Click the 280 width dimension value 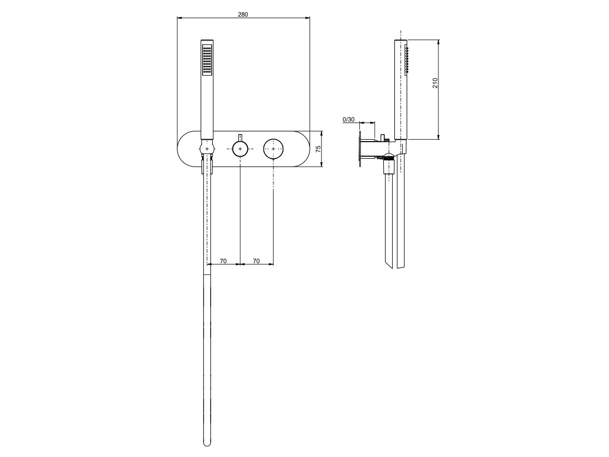[243, 15]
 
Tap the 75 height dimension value [318, 149]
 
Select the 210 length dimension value [435, 83]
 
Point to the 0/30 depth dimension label [349, 120]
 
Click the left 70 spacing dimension [223, 261]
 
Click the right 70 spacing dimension [256, 261]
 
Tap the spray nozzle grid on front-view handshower [207, 60]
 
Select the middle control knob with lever [240, 149]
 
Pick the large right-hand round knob [273, 149]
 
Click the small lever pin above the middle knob [240, 138]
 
